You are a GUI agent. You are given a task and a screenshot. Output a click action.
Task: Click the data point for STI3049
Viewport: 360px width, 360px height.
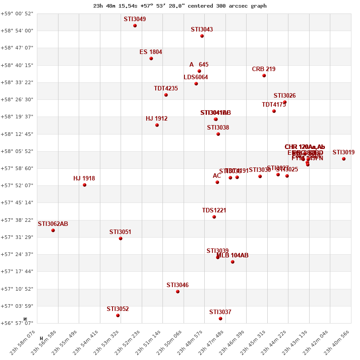click(135, 26)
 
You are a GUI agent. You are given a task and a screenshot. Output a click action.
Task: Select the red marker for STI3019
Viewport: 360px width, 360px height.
click(344, 159)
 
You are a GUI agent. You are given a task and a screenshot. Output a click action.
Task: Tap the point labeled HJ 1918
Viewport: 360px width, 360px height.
click(85, 185)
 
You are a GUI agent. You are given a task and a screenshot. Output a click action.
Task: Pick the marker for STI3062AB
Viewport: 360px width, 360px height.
click(53, 230)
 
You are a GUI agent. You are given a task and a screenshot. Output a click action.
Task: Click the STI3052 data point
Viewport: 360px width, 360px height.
click(118, 315)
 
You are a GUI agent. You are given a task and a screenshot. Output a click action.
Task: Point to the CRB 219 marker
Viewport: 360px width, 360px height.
click(264, 76)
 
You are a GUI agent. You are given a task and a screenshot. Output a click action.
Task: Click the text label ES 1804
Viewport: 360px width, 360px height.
click(151, 52)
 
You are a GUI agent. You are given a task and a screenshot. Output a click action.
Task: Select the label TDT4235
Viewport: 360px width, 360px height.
click(166, 89)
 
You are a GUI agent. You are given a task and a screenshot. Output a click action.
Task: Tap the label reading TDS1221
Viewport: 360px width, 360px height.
click(214, 211)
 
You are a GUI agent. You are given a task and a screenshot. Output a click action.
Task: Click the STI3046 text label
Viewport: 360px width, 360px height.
click(178, 285)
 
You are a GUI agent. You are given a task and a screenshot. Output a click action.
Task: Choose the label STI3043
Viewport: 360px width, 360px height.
click(202, 30)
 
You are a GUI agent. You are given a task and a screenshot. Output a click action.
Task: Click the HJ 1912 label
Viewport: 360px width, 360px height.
click(157, 119)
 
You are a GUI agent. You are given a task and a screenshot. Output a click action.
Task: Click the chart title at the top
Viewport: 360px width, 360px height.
click(180, 6)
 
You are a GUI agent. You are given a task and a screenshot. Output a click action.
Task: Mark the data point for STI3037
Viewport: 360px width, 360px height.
click(220, 319)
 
